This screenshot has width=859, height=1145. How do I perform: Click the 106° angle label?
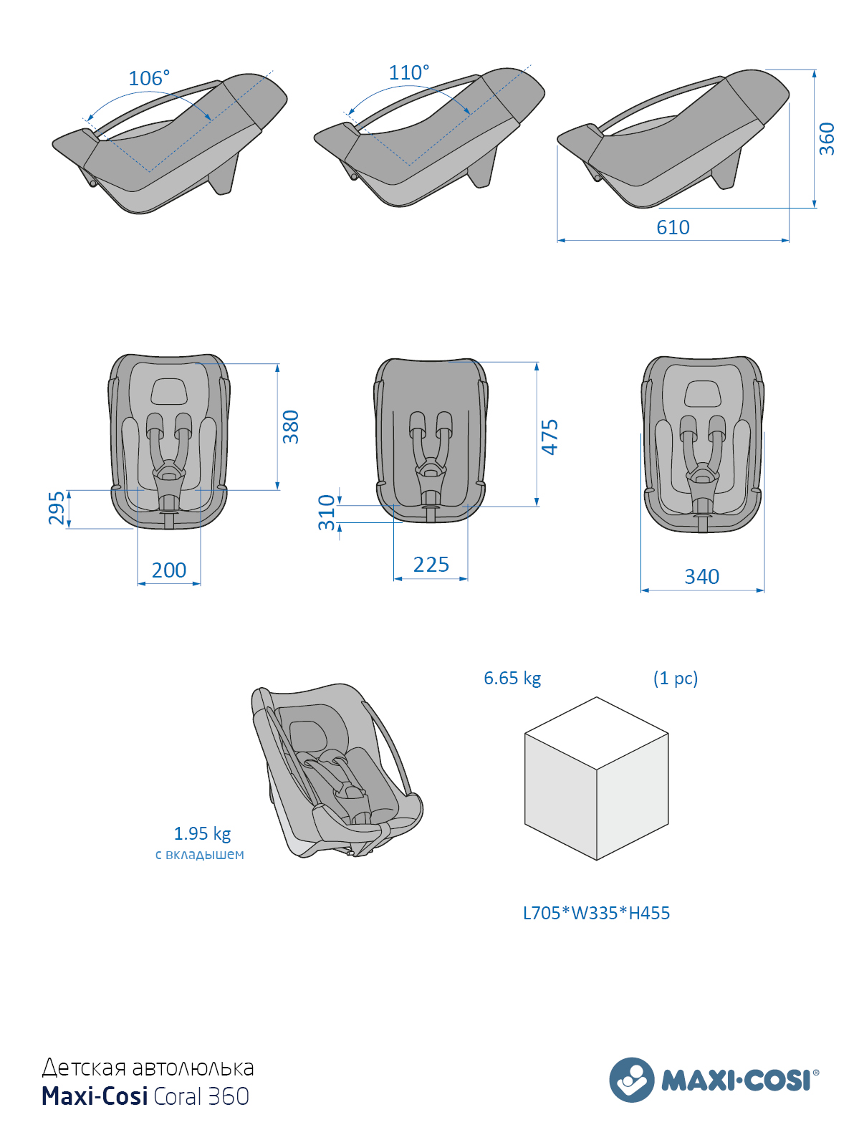[149, 78]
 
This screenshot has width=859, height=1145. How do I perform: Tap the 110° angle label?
[409, 72]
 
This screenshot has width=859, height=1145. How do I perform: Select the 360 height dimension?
[827, 139]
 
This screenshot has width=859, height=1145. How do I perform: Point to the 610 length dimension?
[673, 227]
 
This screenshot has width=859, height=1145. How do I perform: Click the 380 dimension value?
[290, 427]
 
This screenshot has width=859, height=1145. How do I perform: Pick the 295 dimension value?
[57, 507]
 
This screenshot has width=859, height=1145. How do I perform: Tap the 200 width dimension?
[169, 570]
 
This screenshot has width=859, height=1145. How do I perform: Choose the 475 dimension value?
[550, 437]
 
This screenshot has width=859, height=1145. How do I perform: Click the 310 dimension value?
[327, 512]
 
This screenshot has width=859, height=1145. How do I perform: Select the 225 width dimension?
[431, 565]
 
